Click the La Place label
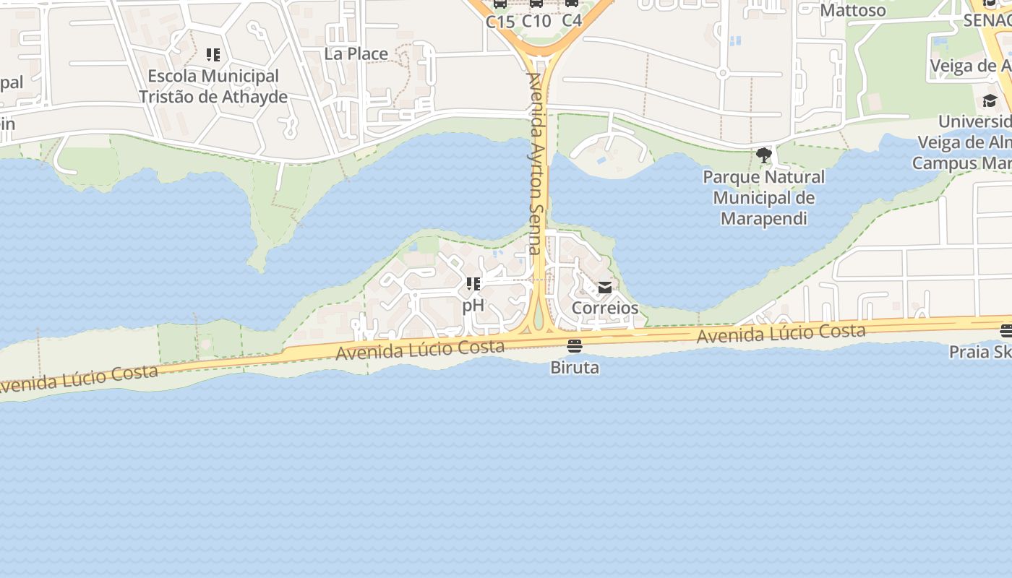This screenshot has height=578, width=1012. pos(356,53)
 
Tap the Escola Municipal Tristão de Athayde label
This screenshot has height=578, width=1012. pos(213,86)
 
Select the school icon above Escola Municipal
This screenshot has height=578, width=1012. pos(213,55)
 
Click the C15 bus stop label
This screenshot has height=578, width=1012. pos(500,21)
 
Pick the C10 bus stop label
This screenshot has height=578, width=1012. pos(536,21)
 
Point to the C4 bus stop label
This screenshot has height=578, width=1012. pos(572,21)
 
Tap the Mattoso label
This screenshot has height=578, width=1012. pos(853,10)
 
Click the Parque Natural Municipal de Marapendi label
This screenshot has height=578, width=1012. pos(763,197)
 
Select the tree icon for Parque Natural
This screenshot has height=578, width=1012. pos(763,155)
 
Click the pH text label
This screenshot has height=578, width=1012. pos(473,305)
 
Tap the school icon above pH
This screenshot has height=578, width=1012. pos(473,284)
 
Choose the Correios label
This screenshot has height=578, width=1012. pos(605,308)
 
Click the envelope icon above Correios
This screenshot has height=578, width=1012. pos(605,288)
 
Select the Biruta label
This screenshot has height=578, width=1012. pos(575,367)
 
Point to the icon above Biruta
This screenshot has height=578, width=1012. pos(575,346)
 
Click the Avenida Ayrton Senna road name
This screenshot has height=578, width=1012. pos(535,163)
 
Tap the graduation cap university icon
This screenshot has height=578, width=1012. pos(990,100)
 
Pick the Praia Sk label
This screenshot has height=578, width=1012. pos(979,352)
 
